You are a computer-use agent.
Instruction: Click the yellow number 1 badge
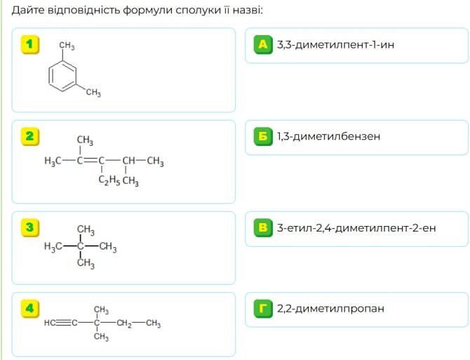pyautogui.click(x=30, y=45)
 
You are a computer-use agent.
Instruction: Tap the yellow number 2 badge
pyautogui.click(x=30, y=136)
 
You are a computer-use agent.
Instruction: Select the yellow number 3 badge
pyautogui.click(x=30, y=227)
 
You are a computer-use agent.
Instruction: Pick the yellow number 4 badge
pyautogui.click(x=30, y=309)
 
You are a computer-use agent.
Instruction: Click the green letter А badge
pyautogui.click(x=263, y=45)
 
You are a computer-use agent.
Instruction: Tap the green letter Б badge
pyautogui.click(x=263, y=136)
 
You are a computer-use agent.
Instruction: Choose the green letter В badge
pyautogui.click(x=263, y=228)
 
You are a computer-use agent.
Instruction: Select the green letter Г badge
pyautogui.click(x=263, y=309)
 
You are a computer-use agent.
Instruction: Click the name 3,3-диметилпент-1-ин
pyautogui.click(x=335, y=45)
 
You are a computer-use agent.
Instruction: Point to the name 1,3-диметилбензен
pyautogui.click(x=328, y=137)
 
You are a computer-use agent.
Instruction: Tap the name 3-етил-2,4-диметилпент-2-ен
pyautogui.click(x=356, y=228)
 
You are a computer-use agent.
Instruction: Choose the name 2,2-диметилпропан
pyautogui.click(x=330, y=309)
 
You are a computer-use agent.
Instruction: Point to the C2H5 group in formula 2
pyautogui.click(x=109, y=180)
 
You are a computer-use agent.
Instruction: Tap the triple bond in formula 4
pyautogui.click(x=63, y=323)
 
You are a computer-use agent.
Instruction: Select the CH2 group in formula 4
pyautogui.click(x=123, y=324)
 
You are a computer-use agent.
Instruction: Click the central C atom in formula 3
pyautogui.click(x=80, y=246)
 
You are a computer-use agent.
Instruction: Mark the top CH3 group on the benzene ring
pyautogui.click(x=67, y=46)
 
